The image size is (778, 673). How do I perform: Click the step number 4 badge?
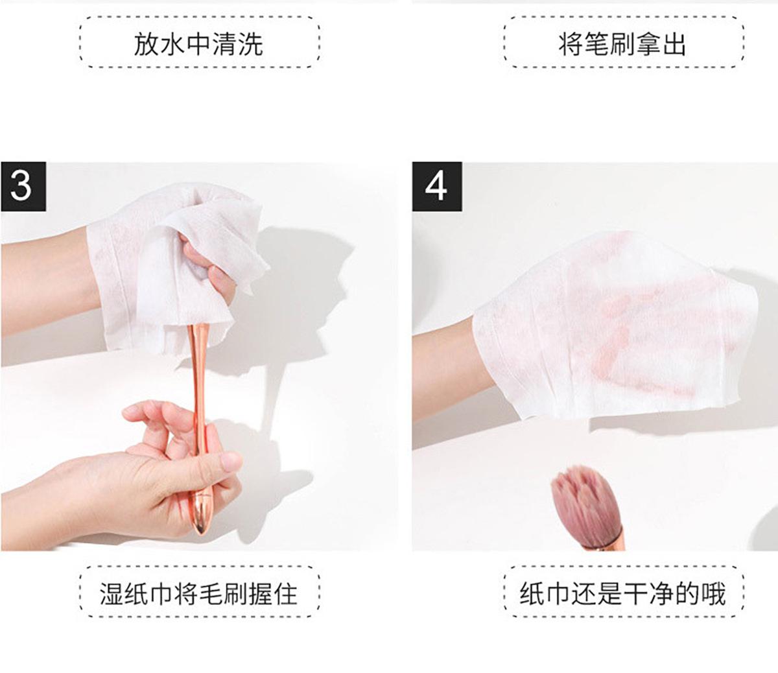pyautogui.click(x=436, y=186)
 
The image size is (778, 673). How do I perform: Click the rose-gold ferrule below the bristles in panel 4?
pyautogui.click(x=613, y=538)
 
